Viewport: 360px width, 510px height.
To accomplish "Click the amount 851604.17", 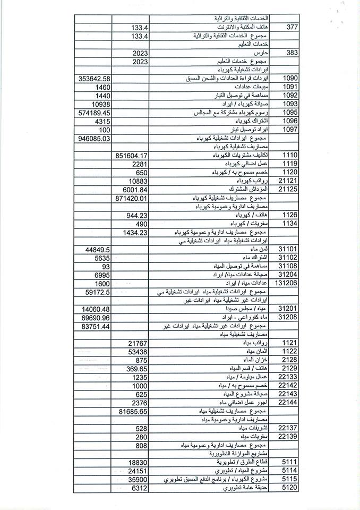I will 130,155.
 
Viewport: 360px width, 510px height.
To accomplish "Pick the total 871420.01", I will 130,198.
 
